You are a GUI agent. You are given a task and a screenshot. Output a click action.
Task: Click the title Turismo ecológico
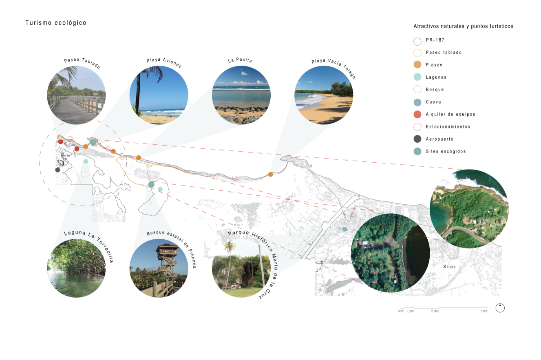coord(56,23)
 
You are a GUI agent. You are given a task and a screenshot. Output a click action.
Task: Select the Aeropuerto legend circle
coord(417,139)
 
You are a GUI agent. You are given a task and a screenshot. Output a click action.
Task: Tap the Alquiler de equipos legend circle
coord(417,114)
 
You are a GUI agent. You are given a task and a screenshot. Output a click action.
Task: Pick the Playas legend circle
coord(417,65)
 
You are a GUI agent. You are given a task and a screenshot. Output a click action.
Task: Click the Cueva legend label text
coord(433,102)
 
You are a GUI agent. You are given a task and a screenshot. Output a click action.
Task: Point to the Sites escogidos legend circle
coord(417,151)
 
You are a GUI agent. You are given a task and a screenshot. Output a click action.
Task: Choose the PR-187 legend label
coord(435,40)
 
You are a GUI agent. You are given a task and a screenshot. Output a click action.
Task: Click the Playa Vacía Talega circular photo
coord(324,95)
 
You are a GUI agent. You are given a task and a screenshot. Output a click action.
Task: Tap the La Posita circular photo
coord(241,95)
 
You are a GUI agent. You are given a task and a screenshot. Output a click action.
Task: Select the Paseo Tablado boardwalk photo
coord(76,95)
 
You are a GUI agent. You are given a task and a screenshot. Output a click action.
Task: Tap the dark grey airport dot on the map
coord(57,170)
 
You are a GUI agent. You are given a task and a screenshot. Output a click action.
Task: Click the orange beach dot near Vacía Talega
coord(270,174)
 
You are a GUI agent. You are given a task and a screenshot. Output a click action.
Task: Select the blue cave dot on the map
coord(344,229)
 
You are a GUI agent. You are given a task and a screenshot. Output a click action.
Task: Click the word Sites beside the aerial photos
coord(449,267)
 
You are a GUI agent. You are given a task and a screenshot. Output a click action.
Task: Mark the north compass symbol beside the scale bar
coord(500,308)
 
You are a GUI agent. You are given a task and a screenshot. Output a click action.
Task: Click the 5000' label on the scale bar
coord(484,311)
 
